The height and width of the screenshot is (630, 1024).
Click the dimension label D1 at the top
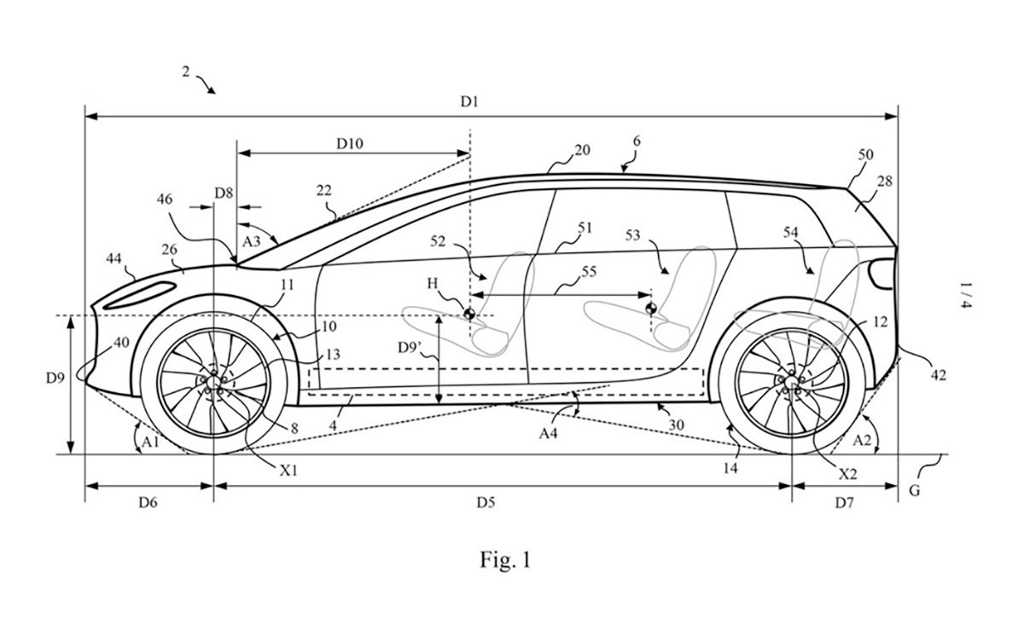point(469,101)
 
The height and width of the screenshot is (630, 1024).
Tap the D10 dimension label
point(350,143)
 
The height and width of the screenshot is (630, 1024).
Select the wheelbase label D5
point(486,503)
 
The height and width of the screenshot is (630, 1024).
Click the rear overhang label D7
point(843,503)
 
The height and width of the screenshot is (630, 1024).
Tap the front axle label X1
point(288,468)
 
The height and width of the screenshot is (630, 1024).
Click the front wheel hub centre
point(212,383)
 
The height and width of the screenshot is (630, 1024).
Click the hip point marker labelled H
point(468,314)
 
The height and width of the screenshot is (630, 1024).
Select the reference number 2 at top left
point(186,72)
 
